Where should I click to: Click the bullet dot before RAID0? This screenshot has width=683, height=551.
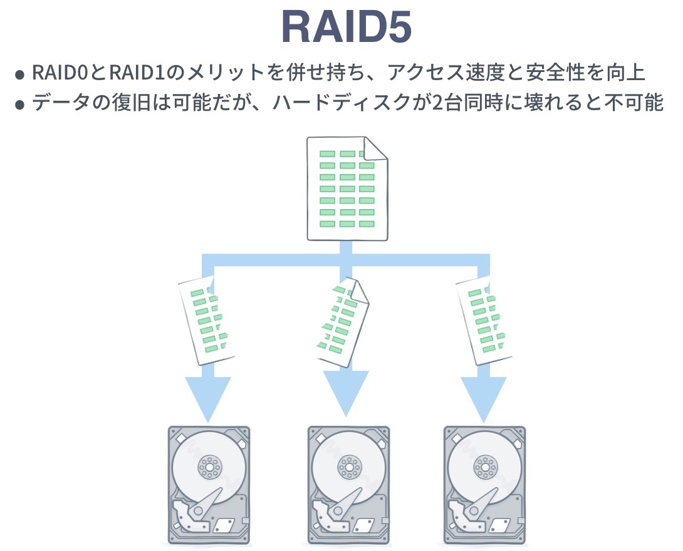point(20,75)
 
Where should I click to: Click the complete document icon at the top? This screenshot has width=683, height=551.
point(346,188)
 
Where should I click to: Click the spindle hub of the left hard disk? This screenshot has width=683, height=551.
point(209,466)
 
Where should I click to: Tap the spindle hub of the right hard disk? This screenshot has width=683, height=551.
point(484,466)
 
